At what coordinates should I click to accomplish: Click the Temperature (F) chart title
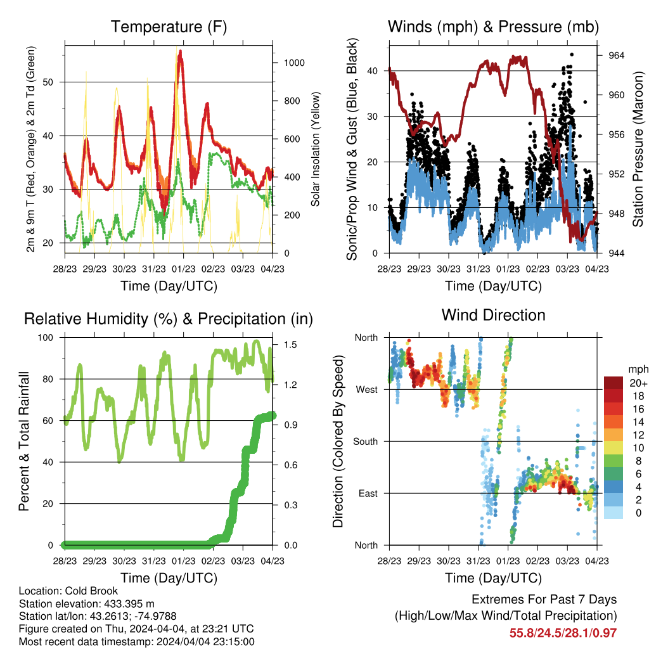pos(169,27)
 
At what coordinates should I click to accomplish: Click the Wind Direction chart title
pos(493,315)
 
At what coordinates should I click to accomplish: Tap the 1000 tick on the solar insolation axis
pos(294,63)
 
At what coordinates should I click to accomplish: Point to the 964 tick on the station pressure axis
pos(616,56)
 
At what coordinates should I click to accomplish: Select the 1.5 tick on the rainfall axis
pos(290,345)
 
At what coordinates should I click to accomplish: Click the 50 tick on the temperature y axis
pos(48,82)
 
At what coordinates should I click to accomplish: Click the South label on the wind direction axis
pos(366,442)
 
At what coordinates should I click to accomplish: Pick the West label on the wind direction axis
pos(367,390)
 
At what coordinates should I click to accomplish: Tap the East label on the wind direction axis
pos(368,493)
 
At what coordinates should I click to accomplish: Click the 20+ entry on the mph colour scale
pos(638,383)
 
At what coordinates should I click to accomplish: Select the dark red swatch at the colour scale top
pos(613,383)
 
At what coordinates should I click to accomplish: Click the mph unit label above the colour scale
pos(638,369)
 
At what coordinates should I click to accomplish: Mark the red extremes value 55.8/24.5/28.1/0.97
pos(563,633)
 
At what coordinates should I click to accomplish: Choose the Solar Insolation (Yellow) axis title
pos(316,149)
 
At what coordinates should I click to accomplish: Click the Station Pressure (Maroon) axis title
pos(638,149)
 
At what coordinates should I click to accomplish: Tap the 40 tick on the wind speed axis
pos(373,71)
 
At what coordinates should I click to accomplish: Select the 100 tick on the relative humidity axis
pos(46,338)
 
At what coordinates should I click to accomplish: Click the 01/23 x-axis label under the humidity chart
pos(183,561)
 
